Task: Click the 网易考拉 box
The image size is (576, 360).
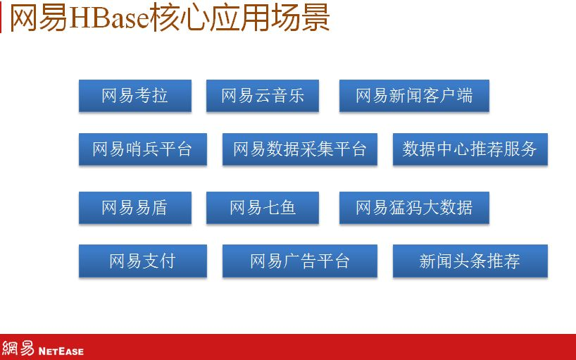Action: pos(135,96)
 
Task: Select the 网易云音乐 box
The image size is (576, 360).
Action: pos(263,96)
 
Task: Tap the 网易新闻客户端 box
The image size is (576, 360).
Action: pos(414,96)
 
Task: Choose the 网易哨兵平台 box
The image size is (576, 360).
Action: pos(143,149)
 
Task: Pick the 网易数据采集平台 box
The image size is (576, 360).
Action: pos(300,149)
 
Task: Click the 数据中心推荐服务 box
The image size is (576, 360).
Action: pos(470,149)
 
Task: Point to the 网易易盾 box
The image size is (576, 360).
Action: pos(135,208)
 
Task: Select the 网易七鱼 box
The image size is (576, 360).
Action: pos(263,208)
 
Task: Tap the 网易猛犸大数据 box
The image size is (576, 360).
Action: pos(414,208)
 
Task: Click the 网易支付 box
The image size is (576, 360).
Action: pos(143,261)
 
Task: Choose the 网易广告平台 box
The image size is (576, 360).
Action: pos(300,261)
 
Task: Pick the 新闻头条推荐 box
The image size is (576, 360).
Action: pos(470,261)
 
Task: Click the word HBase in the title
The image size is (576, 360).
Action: pos(108,18)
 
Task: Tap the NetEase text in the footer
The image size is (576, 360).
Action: pos(61,351)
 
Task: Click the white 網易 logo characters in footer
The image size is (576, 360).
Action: pos(18,348)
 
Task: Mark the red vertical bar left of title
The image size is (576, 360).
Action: pos(1,19)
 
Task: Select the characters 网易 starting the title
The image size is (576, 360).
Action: pos(39,18)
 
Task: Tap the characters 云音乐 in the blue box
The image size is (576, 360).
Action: pos(280,96)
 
